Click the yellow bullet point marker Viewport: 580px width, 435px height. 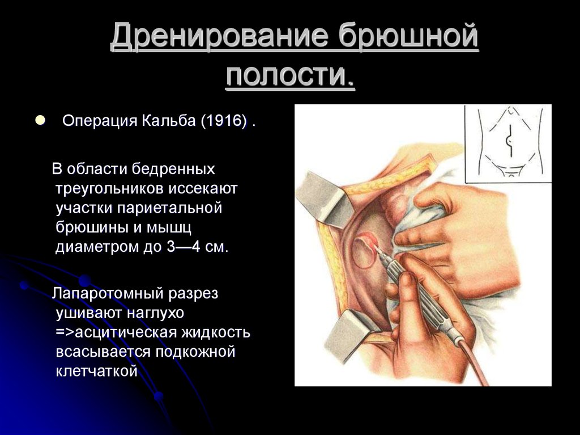tap(40, 120)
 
